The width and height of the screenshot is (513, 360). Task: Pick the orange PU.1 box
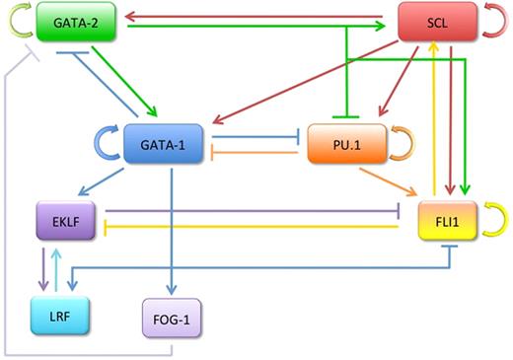[x=342, y=144]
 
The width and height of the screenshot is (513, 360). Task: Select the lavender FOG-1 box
[x=172, y=319]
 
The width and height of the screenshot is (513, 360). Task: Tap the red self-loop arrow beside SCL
[x=490, y=22]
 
